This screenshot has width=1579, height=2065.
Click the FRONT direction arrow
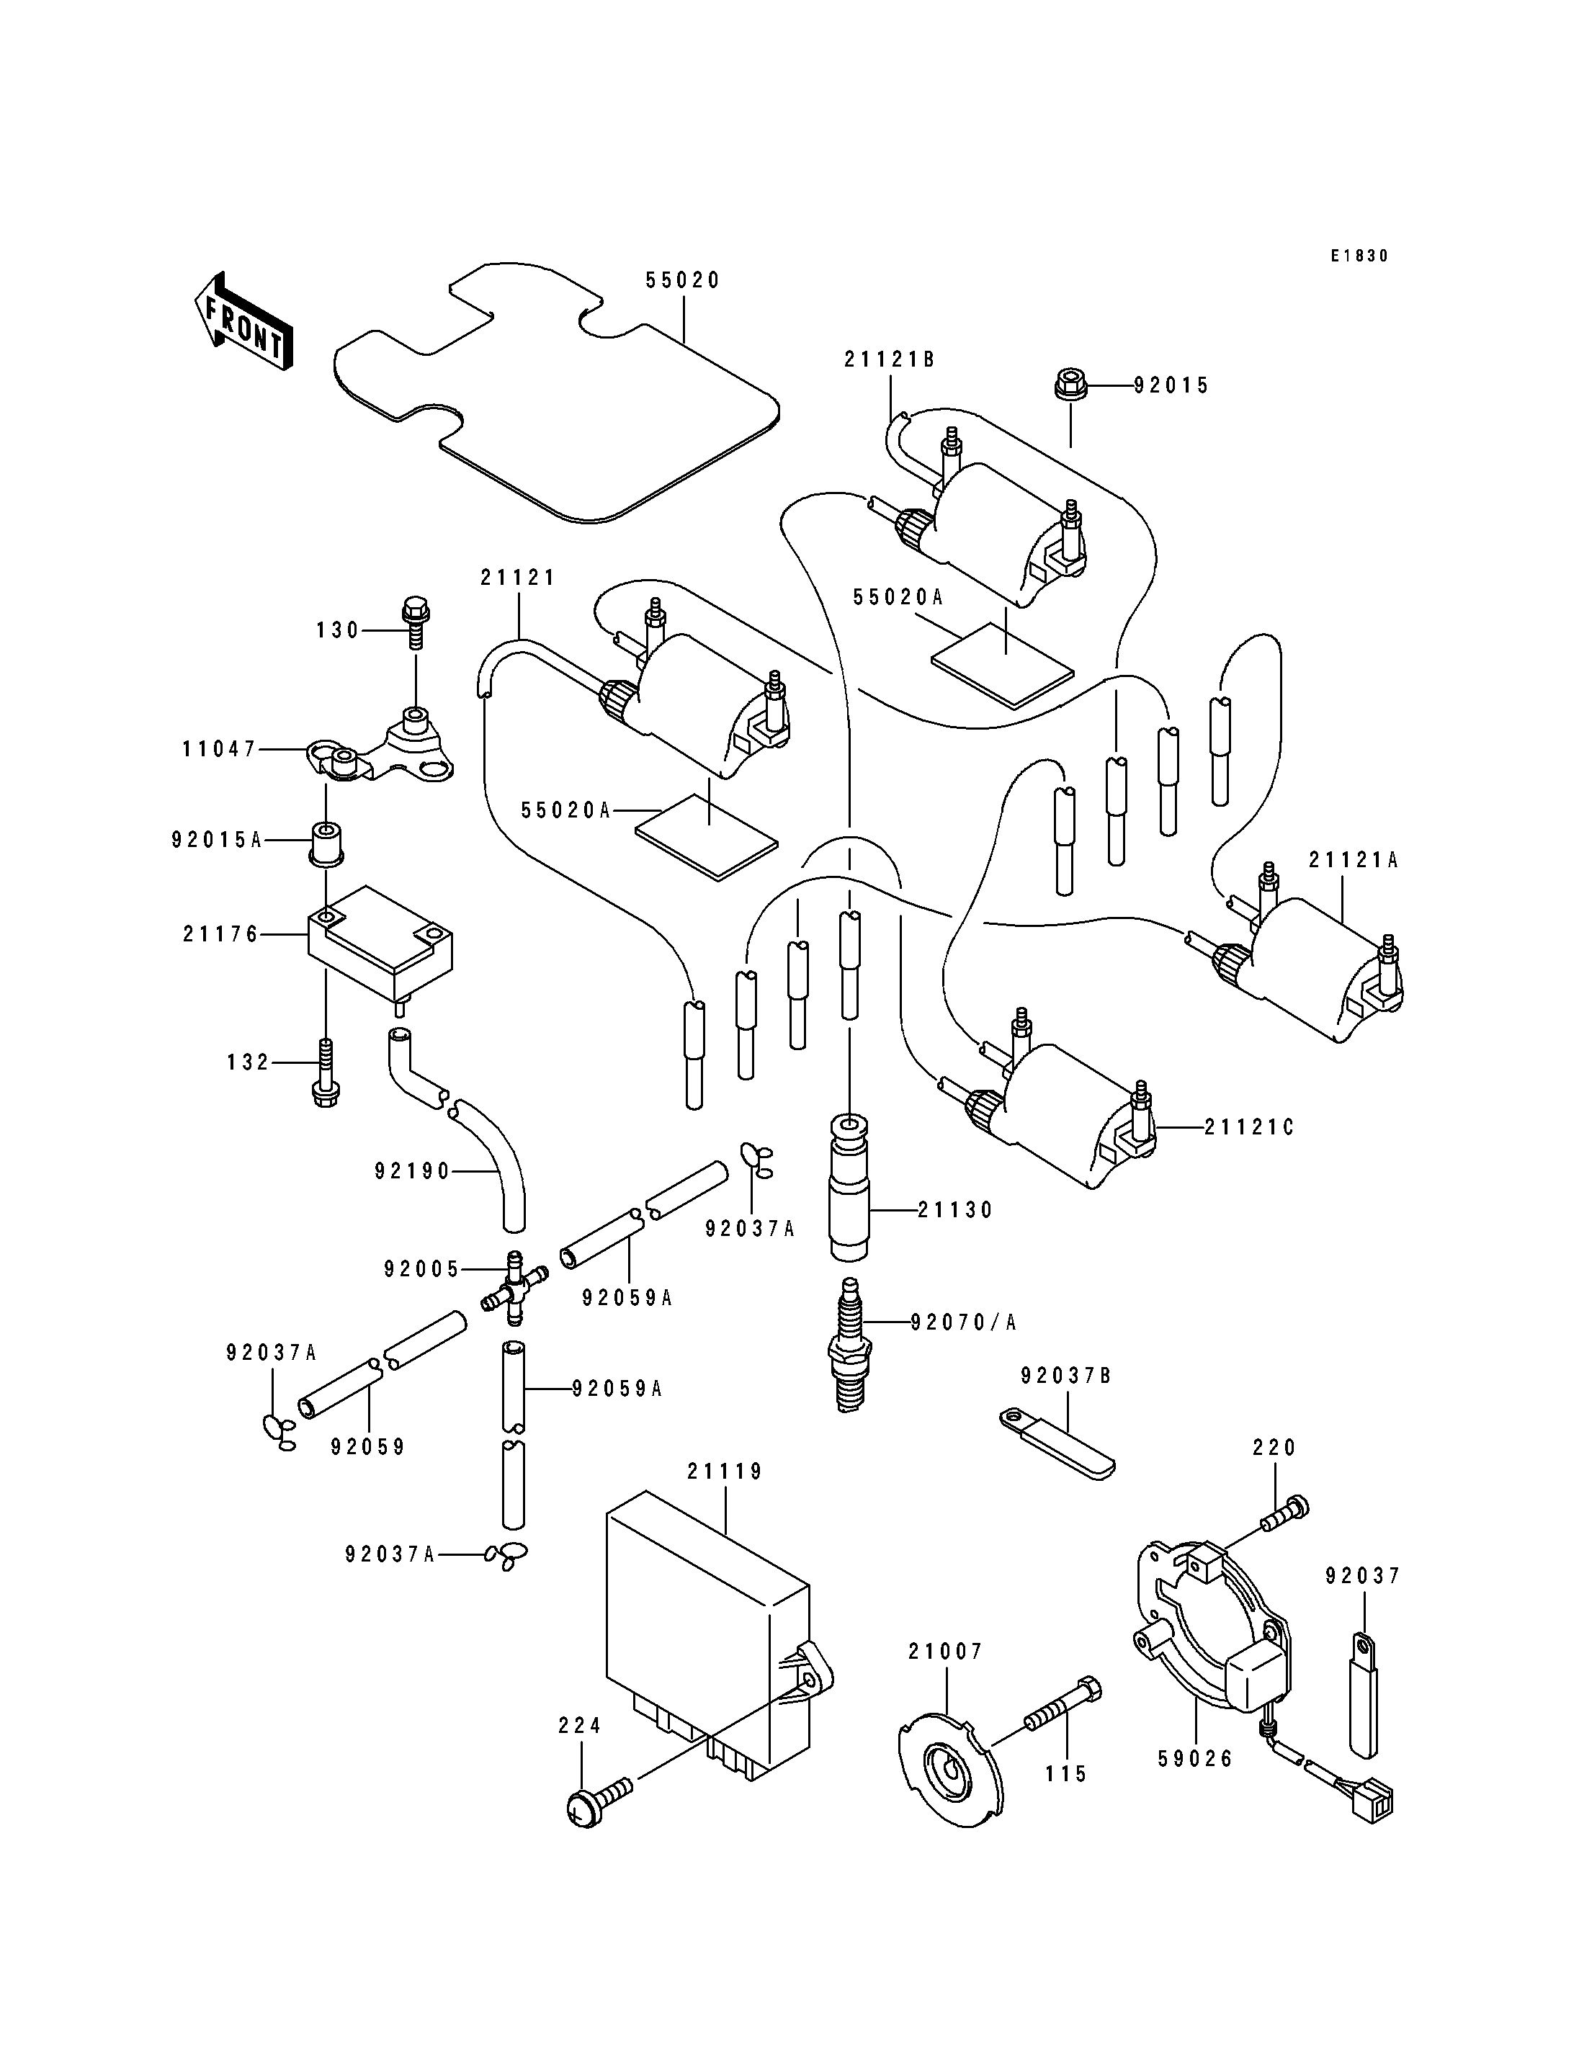243,323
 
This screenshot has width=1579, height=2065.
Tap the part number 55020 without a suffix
682,280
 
